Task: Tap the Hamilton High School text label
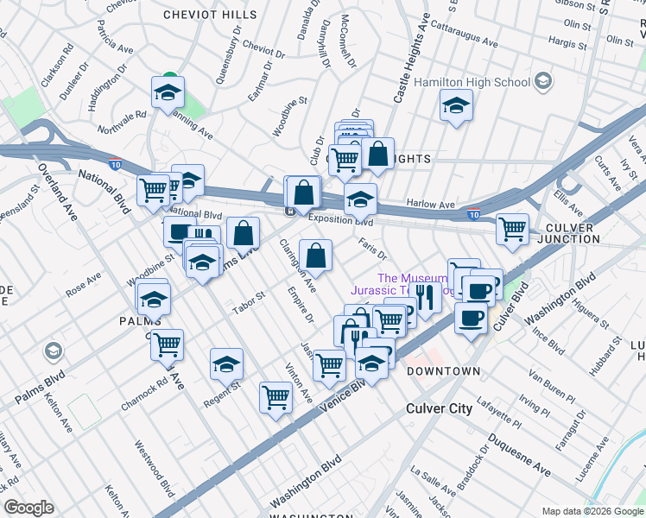pos(472,83)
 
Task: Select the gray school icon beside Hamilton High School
pos(543,82)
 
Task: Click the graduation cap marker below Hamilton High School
pos(455,107)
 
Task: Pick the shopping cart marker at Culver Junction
pos(512,229)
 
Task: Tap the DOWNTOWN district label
pos(443,370)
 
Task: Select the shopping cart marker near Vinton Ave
pos(275,398)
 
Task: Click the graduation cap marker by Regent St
pos(226,364)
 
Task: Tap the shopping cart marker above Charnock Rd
pos(167,344)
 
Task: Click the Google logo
pos(29,508)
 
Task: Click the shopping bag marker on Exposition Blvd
pos(303,192)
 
